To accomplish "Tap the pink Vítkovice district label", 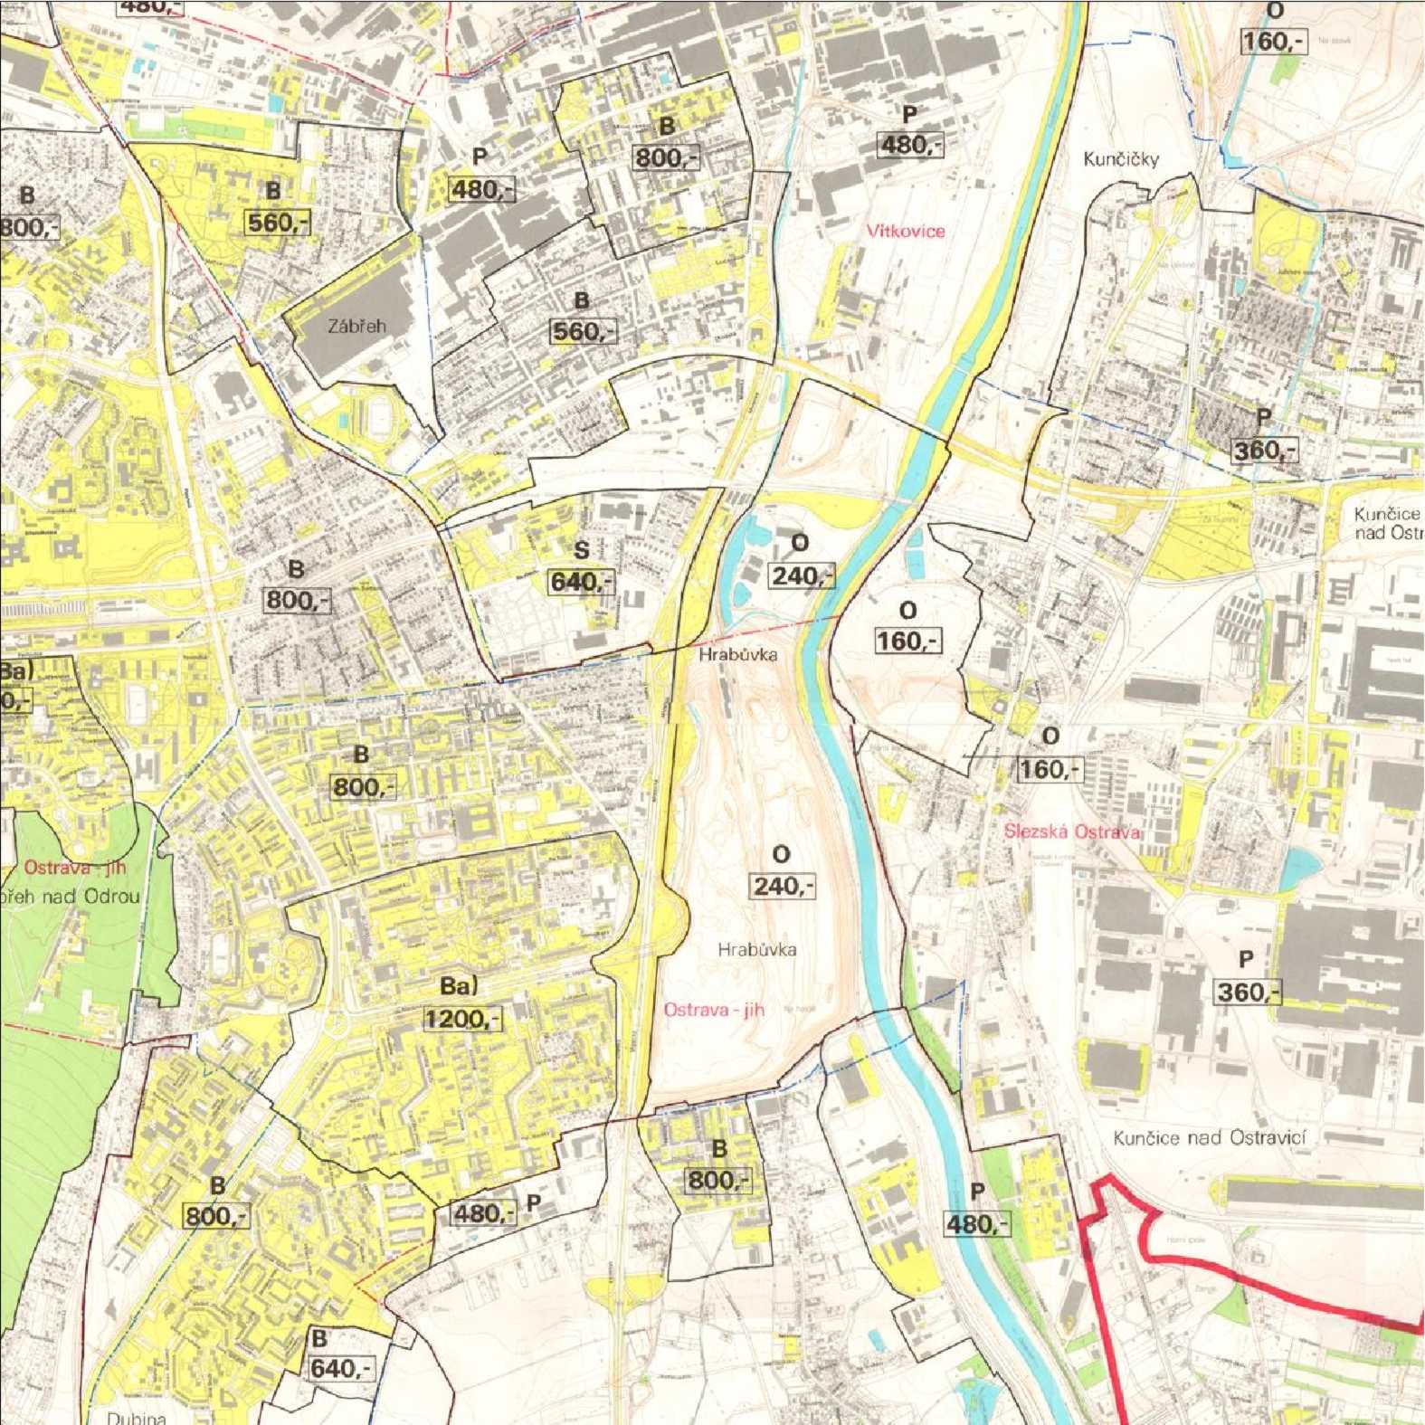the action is (x=905, y=231).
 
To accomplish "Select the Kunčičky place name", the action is (x=1121, y=159).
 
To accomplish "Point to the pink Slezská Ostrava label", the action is (x=1071, y=831).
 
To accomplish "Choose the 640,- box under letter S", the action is (x=582, y=581).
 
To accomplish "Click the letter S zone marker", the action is (x=582, y=549).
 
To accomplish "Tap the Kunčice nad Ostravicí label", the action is (x=1210, y=1137).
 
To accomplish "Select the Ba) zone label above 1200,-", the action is (x=459, y=985).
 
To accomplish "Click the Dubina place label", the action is (x=136, y=1417).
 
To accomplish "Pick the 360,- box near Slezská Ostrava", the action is (x=1248, y=993).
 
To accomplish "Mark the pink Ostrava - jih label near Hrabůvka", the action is (x=714, y=1010).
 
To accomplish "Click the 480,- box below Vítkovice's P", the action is (x=910, y=145).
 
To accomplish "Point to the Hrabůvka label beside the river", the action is (x=737, y=653).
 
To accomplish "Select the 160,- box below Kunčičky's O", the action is (x=1274, y=42).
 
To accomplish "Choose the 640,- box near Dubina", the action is (x=340, y=1368).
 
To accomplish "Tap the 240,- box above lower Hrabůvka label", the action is (x=782, y=886).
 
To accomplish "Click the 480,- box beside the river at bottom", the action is (x=976, y=1224).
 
